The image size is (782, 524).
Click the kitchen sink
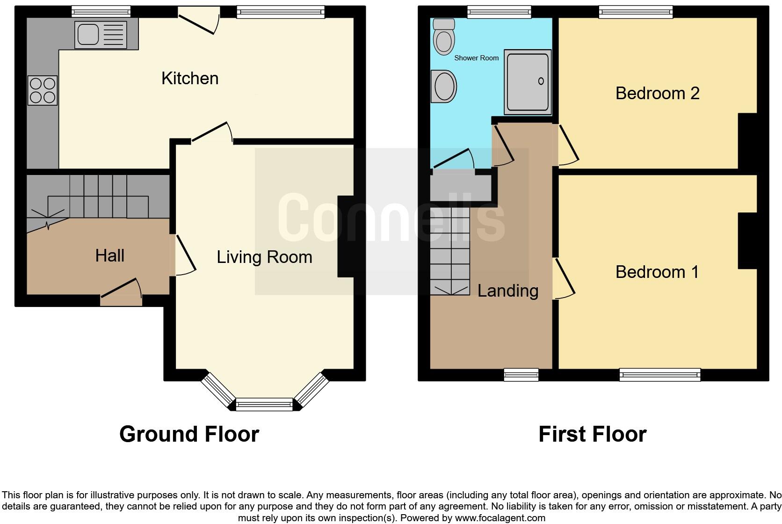101,34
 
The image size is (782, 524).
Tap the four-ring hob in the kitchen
43,90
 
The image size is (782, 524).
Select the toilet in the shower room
444,37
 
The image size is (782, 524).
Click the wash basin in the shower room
445,87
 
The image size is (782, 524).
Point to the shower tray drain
541,81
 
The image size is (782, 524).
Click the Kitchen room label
190,79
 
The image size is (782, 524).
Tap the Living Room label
264,257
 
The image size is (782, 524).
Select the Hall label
109,256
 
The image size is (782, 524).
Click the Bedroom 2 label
657,94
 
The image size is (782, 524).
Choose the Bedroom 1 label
657,272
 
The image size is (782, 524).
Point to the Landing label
507,291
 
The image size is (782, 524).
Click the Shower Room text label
476,58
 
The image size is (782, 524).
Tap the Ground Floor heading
189,434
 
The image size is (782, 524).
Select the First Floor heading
592,434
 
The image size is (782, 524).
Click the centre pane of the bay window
264,404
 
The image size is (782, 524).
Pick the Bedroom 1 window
659,374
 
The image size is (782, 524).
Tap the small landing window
521,374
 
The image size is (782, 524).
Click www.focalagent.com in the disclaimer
500,518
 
